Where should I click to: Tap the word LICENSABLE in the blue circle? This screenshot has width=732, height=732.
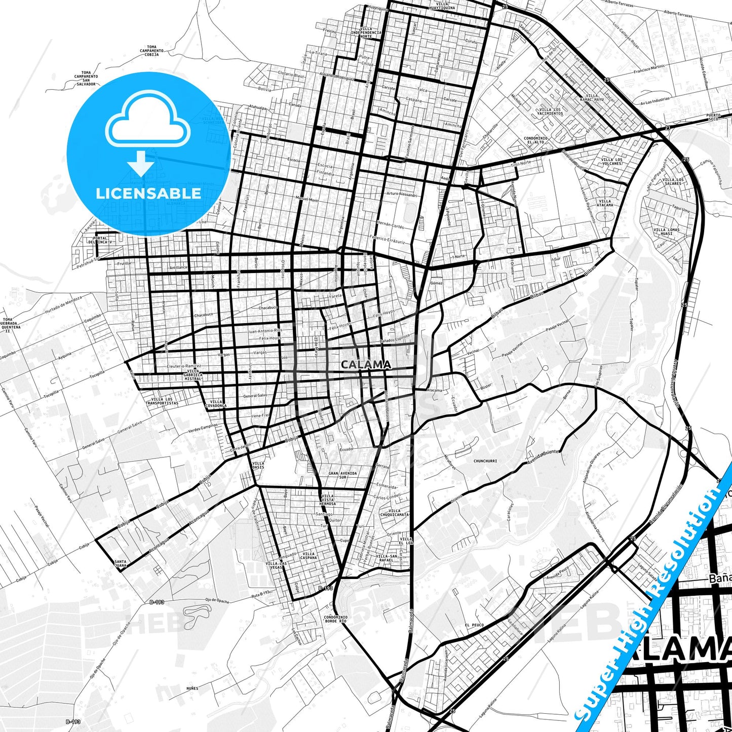pyautogui.click(x=148, y=193)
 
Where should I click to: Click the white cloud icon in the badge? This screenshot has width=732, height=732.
pyautogui.click(x=147, y=124)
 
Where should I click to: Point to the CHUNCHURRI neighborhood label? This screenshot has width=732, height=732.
pyautogui.click(x=485, y=461)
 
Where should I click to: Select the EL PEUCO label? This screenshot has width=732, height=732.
pyautogui.click(x=474, y=625)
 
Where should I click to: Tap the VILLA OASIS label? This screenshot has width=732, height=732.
pyautogui.click(x=258, y=465)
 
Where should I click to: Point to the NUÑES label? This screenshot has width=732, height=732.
pyautogui.click(x=192, y=688)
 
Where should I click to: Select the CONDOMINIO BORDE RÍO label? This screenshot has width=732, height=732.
pyautogui.click(x=335, y=619)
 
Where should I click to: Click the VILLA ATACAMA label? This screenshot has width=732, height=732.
pyautogui.click(x=605, y=203)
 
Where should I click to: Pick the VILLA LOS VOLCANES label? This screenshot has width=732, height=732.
pyautogui.click(x=611, y=162)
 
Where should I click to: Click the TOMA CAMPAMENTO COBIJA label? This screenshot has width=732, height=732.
pyautogui.click(x=151, y=51)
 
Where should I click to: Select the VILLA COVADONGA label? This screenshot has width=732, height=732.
pyautogui.click(x=216, y=404)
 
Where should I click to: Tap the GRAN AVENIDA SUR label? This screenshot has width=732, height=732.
pyautogui.click(x=343, y=475)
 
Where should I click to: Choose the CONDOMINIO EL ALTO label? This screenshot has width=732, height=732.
pyautogui.click(x=535, y=140)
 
